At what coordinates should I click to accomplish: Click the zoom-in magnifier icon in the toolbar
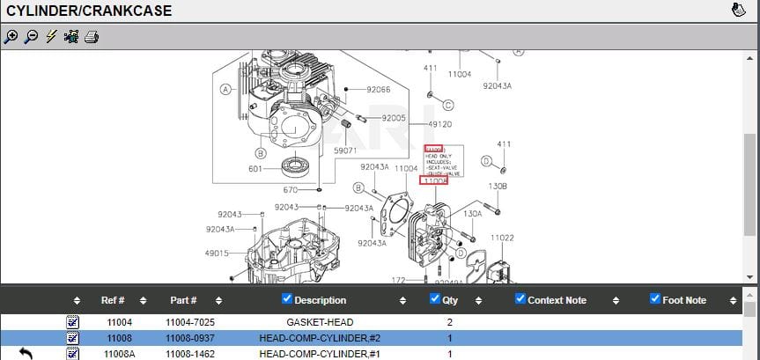(x=11, y=37)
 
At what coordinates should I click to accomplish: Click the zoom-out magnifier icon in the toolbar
(x=31, y=37)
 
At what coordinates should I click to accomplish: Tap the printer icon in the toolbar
(x=92, y=37)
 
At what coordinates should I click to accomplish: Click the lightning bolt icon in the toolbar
(x=51, y=37)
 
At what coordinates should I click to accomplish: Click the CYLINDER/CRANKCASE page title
(x=89, y=11)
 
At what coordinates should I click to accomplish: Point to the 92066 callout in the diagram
(x=379, y=90)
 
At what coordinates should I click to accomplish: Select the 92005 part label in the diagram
(x=394, y=118)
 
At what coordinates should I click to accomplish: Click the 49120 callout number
(x=439, y=125)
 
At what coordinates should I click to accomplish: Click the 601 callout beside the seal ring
(x=255, y=169)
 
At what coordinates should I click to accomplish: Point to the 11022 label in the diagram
(x=502, y=238)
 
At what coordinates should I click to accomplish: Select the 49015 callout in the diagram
(x=217, y=253)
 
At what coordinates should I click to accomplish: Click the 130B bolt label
(x=498, y=186)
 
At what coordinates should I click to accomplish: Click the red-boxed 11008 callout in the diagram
(x=433, y=181)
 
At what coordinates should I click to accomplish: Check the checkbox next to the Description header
(x=287, y=299)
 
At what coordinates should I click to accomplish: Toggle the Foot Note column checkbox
(x=654, y=299)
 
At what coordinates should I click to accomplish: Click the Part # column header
(x=183, y=300)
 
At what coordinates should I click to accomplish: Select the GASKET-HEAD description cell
(x=320, y=323)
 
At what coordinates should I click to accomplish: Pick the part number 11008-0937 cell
(x=190, y=339)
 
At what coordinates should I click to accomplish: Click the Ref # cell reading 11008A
(x=119, y=354)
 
